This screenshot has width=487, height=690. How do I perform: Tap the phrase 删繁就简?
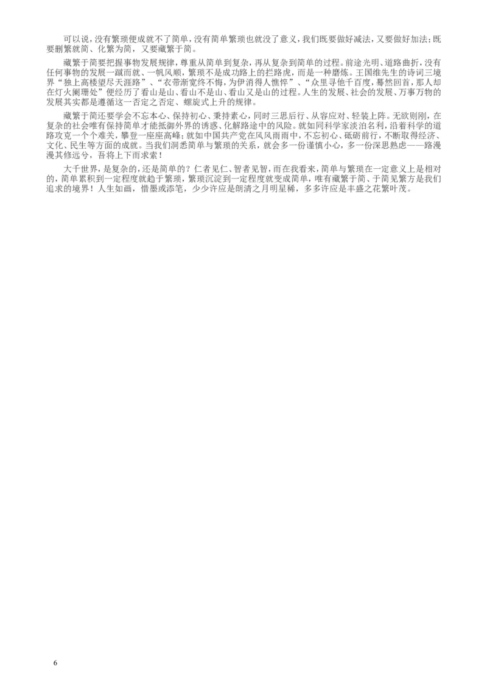tap(69, 48)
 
